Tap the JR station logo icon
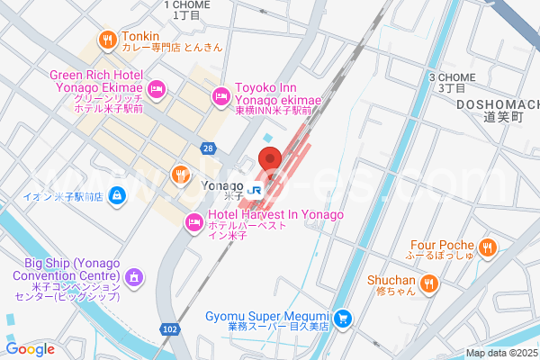pos(256,190)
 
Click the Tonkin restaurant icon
pos(107,39)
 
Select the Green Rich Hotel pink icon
pos(157,88)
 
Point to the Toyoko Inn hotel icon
pos(220,95)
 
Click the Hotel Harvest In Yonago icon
pos(193,221)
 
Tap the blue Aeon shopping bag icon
pos(117,194)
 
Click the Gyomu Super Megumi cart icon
pos(343,318)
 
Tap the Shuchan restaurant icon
pos(429,284)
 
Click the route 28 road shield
pos(209,148)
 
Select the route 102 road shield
pos(171,330)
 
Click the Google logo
pos(30,349)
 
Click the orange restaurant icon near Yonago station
pos(181,174)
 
